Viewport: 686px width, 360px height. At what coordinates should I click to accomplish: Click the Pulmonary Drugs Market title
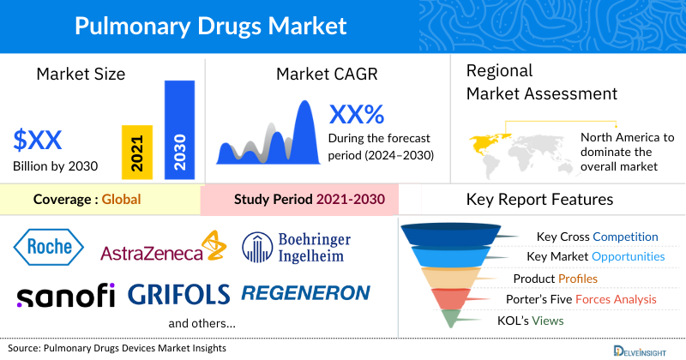210,26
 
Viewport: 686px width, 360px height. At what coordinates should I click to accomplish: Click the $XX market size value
38,139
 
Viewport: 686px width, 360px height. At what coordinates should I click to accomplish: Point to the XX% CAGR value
357,114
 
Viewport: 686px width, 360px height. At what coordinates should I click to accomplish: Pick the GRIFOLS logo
179,294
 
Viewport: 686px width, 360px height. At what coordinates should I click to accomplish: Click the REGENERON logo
305,293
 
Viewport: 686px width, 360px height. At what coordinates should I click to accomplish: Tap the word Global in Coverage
121,200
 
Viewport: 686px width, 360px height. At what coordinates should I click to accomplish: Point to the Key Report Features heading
539,200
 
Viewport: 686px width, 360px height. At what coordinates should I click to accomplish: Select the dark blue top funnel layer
458,234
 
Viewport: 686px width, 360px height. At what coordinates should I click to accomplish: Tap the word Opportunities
626,256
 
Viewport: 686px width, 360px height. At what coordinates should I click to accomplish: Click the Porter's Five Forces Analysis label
583,299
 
